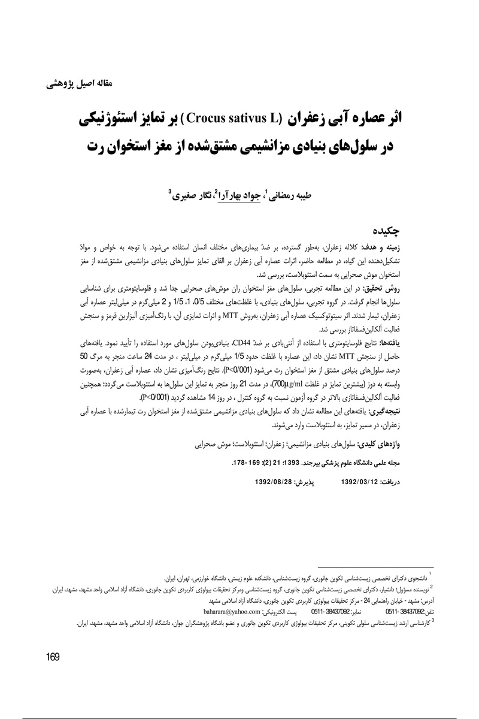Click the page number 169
point(52,657)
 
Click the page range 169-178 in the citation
point(217,463)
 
